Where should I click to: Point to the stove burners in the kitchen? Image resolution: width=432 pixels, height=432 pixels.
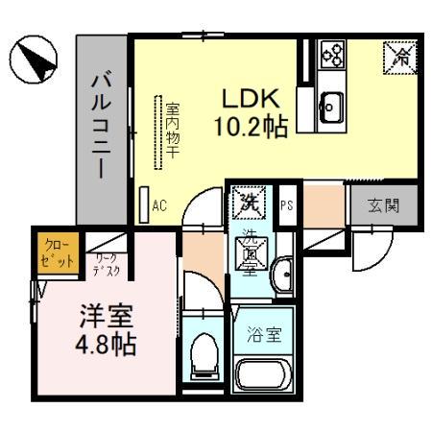[x=332, y=54]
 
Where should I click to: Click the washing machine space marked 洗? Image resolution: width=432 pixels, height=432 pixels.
[x=247, y=203]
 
